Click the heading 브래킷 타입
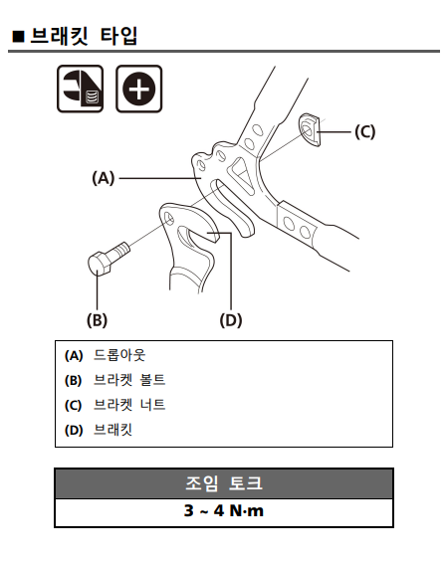click(84, 36)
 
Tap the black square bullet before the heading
click(18, 37)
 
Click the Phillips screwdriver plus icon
click(139, 89)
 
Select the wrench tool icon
click(81, 89)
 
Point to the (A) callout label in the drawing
click(104, 178)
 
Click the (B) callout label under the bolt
click(97, 319)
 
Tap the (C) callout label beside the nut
click(364, 131)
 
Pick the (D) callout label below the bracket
click(231, 319)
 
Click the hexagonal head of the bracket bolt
click(100, 264)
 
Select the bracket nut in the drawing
click(310, 129)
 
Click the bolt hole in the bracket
click(168, 218)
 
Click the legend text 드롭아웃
click(119, 355)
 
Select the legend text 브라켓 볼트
click(129, 380)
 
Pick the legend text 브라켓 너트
click(129, 405)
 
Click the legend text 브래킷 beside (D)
click(113, 430)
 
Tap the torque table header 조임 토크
click(224, 483)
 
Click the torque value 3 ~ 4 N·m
click(224, 510)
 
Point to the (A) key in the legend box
click(74, 355)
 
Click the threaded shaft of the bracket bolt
click(120, 249)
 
